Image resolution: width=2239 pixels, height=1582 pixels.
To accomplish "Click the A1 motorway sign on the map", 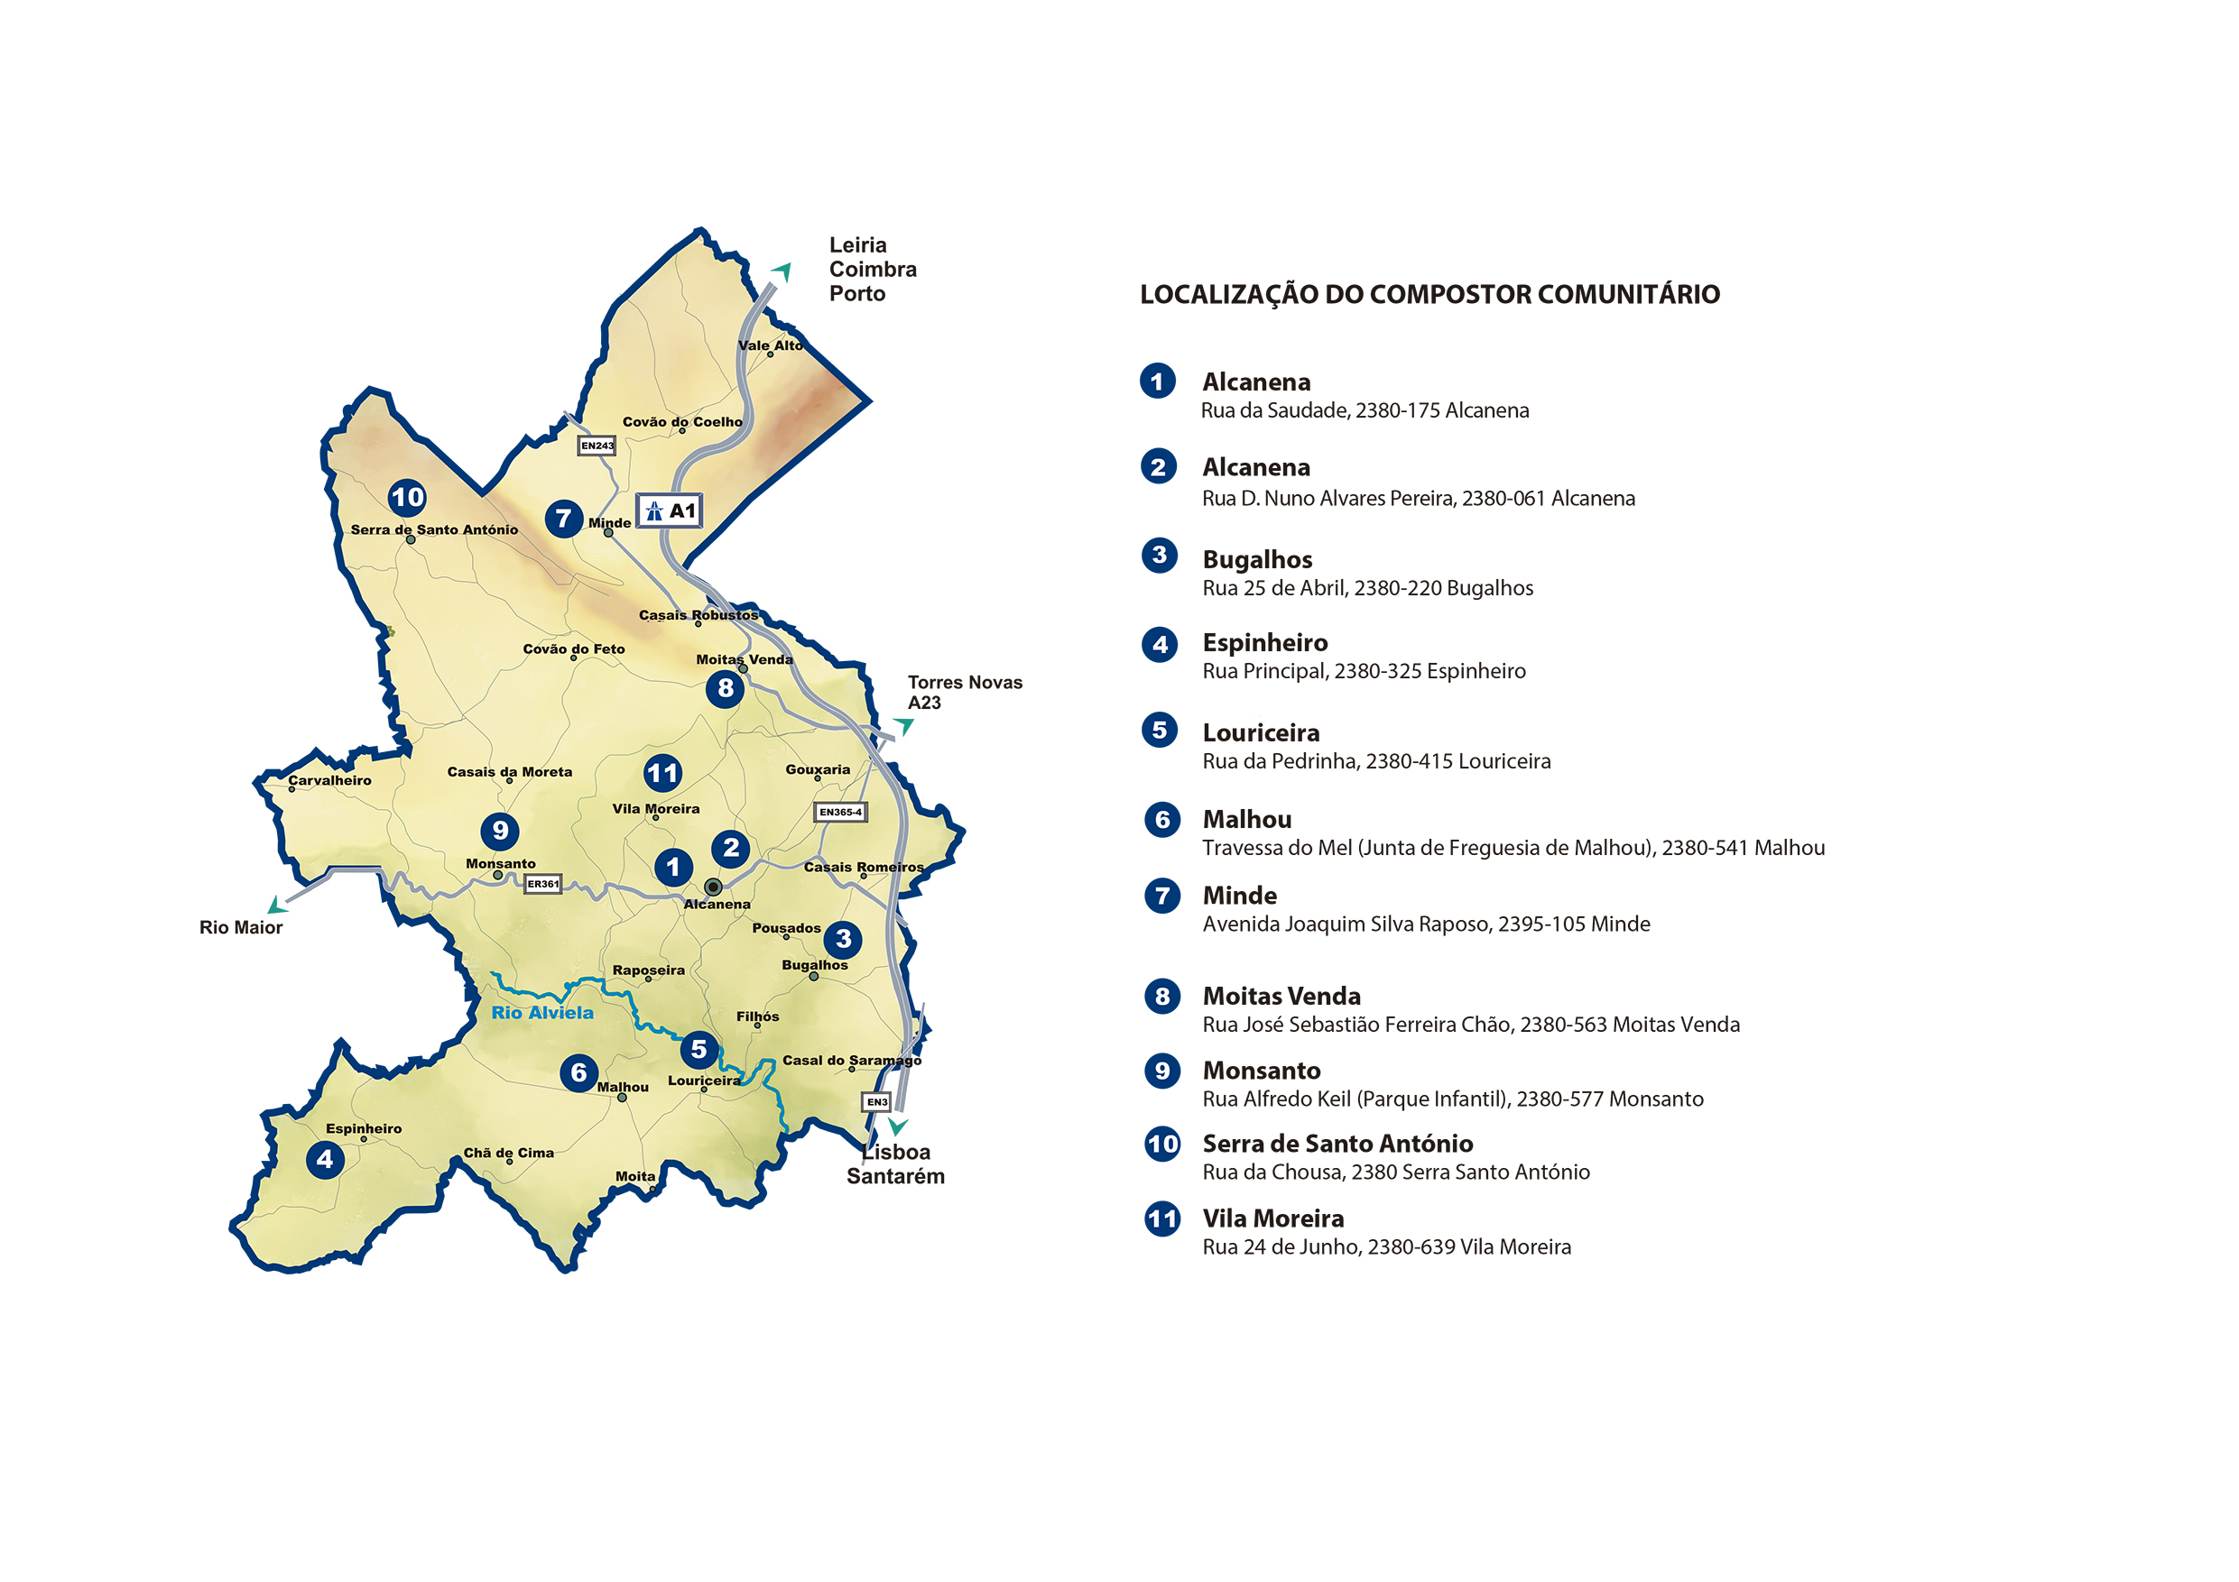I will pos(669,510).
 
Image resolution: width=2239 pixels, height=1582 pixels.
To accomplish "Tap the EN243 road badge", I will pos(597,446).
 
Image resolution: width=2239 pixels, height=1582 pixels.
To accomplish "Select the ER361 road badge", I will pos(542,884).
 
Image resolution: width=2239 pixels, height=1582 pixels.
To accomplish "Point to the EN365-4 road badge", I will pos(839,812).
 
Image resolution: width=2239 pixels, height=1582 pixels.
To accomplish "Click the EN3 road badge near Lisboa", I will pos(876,1101).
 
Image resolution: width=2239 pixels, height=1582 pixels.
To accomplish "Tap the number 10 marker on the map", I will pos(407,498).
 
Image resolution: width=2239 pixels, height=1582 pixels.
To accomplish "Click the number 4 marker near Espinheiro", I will pos(325,1160).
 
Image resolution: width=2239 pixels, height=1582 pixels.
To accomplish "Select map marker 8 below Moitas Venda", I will pos(725,688).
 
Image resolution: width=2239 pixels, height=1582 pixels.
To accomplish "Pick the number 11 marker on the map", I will pos(662,774).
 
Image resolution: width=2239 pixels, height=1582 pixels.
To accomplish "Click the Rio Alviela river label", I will pos(542,1013).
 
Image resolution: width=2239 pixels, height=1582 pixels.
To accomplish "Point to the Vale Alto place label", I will pos(771,345).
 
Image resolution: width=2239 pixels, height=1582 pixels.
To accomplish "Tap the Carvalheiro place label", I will pos(329,781).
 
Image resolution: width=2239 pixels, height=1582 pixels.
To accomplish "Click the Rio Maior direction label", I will pos(241,928).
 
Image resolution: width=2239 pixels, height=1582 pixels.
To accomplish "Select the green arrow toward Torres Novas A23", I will pos(904,725).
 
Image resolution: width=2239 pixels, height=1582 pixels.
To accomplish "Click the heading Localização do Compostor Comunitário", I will pos(1429,294).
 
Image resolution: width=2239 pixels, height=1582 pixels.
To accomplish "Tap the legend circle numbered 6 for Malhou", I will pos(1161,820).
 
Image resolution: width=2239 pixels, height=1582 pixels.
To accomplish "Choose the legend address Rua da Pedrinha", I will pos(1376,761).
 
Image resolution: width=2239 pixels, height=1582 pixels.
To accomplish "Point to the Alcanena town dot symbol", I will pos(713,887).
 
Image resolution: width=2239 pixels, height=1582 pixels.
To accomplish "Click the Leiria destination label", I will pos(858,245).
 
